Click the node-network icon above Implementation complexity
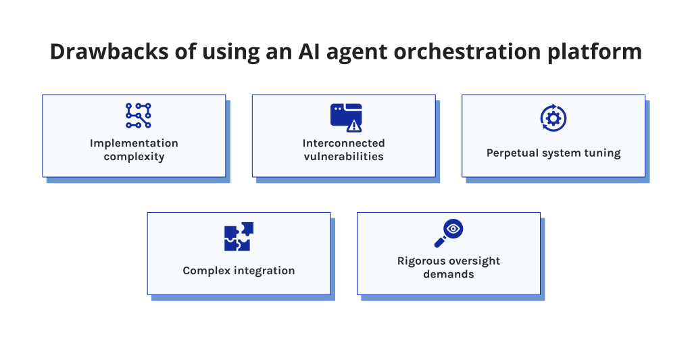pos(139,115)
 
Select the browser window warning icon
pos(346,117)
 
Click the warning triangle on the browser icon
pos(354,125)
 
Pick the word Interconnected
pos(343,143)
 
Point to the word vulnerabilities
pos(343,156)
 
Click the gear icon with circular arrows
pos(553,118)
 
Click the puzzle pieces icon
pos(239,236)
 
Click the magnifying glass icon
pos(448,233)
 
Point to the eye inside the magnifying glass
pos(453,229)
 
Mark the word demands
pos(448,274)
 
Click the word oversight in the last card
pos(476,261)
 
